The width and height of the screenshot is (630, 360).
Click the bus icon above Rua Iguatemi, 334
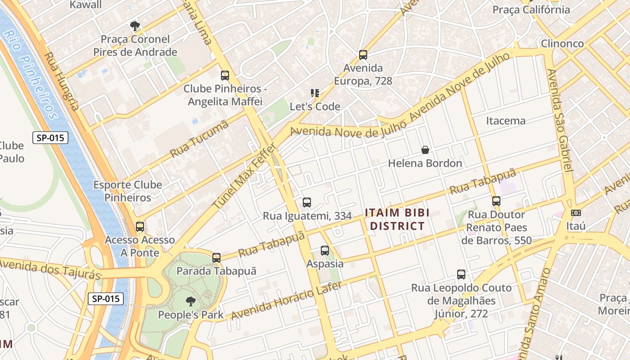click(307, 202)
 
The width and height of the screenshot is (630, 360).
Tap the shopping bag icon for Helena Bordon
click(425, 150)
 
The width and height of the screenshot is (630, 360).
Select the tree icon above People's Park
click(191, 301)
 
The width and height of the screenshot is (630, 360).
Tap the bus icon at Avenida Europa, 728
click(363, 55)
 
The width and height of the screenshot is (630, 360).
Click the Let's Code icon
click(315, 93)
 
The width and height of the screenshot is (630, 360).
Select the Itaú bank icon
click(576, 213)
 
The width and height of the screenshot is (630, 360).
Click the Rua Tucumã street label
click(199, 139)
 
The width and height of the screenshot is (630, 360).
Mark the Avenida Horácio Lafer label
click(287, 300)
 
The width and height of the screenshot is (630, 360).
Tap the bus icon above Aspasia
click(325, 251)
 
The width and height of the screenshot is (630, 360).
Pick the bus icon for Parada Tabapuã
click(216, 258)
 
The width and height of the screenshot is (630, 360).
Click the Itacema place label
click(506, 121)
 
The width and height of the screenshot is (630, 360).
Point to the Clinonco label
click(562, 44)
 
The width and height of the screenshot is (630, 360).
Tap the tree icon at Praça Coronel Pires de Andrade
click(135, 26)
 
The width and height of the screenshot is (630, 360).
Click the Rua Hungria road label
click(62, 81)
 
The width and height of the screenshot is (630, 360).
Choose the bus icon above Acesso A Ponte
click(140, 227)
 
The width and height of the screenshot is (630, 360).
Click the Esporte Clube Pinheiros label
click(128, 191)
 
